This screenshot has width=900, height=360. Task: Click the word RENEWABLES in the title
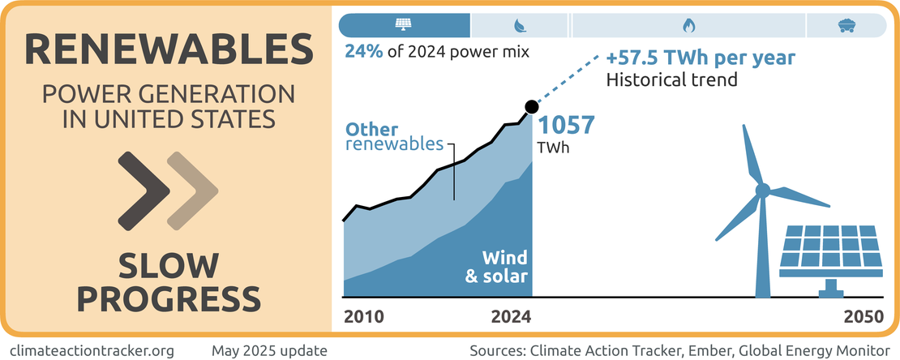click(x=168, y=50)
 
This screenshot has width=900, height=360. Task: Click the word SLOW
click(x=168, y=266)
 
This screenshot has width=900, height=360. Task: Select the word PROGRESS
click(x=168, y=298)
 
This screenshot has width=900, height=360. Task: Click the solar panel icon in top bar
click(x=403, y=25)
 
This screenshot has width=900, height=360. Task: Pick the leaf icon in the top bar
click(x=519, y=25)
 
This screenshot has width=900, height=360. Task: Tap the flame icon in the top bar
click(x=688, y=25)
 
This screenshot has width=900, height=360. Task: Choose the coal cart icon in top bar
click(x=846, y=25)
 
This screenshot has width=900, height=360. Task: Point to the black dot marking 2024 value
click(x=532, y=106)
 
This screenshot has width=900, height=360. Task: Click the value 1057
click(x=567, y=127)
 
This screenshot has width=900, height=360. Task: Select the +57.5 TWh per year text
click(x=701, y=59)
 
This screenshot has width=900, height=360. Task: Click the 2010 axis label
click(x=362, y=318)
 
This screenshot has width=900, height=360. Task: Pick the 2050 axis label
click(x=862, y=318)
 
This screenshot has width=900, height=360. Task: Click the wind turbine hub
click(x=762, y=191)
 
